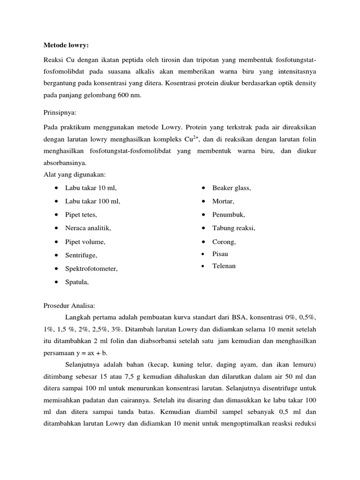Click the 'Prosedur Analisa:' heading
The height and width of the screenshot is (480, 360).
pyautogui.click(x=69, y=306)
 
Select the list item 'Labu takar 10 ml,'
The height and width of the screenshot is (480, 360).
pyautogui.click(x=91, y=188)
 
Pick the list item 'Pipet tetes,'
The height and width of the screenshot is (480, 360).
pyautogui.click(x=82, y=215)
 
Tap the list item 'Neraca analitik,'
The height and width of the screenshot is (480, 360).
pyautogui.click(x=88, y=228)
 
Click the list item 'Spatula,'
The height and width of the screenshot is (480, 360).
pyautogui.click(x=77, y=282)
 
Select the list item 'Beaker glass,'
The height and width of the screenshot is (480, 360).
pyautogui.click(x=232, y=188)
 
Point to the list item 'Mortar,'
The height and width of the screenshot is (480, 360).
pyautogui.click(x=224, y=202)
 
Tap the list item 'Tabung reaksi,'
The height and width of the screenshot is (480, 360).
pyautogui.click(x=234, y=228)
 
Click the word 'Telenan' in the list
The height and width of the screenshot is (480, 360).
pyautogui.click(x=224, y=266)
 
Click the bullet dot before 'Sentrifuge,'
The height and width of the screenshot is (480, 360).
pyautogui.click(x=56, y=255)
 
